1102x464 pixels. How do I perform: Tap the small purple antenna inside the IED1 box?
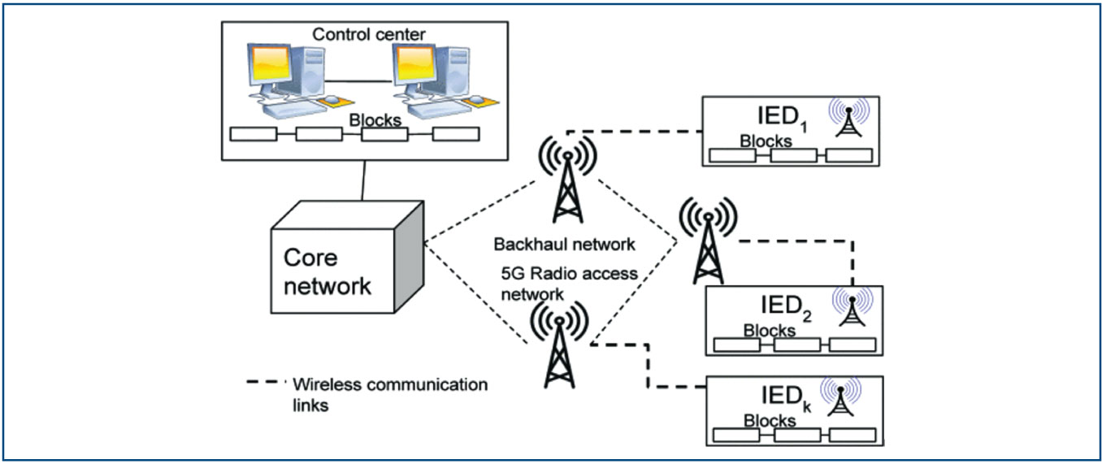coord(853,120)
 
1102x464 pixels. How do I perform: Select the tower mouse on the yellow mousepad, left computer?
coord(332,100)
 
